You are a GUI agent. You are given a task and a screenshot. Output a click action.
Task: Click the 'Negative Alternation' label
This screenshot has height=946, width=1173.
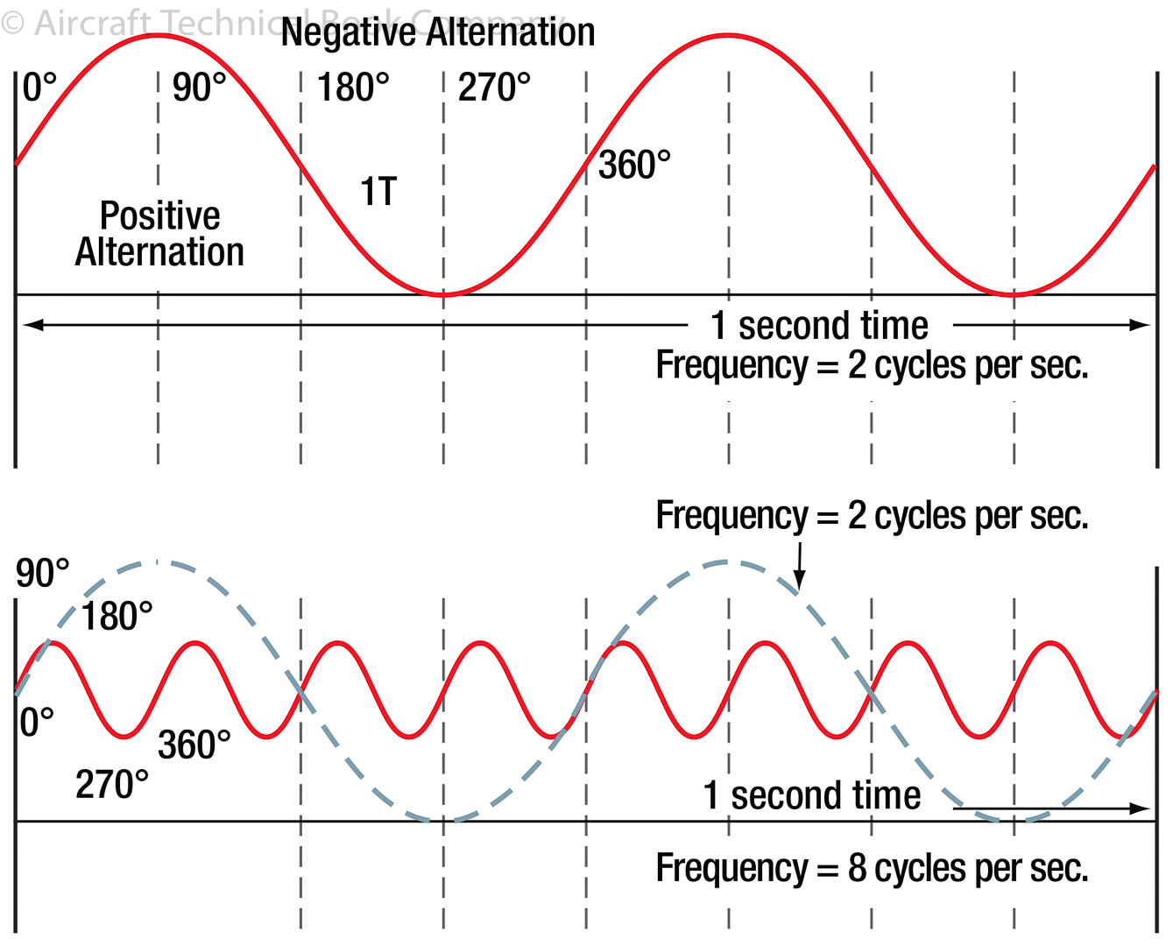[438, 33]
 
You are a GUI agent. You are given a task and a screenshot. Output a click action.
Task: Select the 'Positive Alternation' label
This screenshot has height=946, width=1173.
[159, 234]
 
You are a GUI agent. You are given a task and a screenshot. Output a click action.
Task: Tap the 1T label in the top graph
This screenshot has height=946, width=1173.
[378, 192]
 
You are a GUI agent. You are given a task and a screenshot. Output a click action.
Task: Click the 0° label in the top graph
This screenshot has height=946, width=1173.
[39, 88]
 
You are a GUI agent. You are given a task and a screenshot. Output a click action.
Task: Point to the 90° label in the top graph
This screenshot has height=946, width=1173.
[199, 88]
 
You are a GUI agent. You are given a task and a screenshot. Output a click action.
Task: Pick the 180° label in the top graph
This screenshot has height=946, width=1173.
[353, 88]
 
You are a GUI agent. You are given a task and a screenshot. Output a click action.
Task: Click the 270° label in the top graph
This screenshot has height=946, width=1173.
[494, 88]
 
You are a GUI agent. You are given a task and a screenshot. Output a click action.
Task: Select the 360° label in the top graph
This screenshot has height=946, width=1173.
[634, 165]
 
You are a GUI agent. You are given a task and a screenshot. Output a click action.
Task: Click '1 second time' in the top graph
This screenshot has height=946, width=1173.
[819, 326]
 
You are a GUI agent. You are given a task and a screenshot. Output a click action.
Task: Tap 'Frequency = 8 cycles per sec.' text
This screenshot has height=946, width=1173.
[872, 868]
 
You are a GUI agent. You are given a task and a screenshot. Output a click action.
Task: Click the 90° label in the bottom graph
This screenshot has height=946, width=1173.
[42, 574]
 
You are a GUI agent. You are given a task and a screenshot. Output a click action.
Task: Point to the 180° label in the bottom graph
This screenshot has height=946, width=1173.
[117, 617]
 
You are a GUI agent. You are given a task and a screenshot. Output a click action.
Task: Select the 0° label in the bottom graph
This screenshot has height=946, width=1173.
[37, 723]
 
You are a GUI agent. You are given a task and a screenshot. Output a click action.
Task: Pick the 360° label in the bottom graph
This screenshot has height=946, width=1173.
[194, 745]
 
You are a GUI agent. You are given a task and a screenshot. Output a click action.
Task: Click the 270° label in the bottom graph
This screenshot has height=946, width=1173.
[112, 785]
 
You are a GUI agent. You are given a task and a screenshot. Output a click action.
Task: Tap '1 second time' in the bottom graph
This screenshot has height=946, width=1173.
[812, 796]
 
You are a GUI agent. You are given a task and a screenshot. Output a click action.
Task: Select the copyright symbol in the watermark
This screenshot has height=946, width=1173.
[12, 23]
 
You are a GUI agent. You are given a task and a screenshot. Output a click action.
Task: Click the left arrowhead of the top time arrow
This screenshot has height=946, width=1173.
[32, 325]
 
